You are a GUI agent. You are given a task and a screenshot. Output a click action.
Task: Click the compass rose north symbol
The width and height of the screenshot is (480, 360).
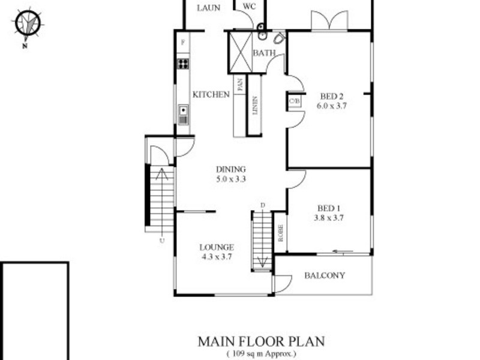(x=26, y=24)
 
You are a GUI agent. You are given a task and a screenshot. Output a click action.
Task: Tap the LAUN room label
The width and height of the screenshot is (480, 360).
(x=209, y=7)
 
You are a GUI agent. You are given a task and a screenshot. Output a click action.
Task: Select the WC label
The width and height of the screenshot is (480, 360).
(x=250, y=7)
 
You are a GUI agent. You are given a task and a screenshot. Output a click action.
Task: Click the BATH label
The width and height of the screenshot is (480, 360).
(x=264, y=53)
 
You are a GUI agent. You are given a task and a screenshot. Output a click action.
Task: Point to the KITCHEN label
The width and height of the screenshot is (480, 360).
(x=211, y=95)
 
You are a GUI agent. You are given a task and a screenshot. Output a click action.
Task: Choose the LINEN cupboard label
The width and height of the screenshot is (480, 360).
(x=255, y=106)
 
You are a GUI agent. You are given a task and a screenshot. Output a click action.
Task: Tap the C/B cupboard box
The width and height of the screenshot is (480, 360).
(x=294, y=101)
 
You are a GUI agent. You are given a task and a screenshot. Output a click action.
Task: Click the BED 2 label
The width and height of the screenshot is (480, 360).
(x=331, y=96)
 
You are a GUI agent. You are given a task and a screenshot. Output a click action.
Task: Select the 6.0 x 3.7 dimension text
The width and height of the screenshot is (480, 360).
(x=332, y=105)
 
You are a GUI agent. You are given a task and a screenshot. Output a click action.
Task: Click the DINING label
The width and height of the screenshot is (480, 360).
(x=231, y=169)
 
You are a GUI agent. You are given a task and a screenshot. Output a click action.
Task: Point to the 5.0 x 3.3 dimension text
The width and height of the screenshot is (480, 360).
(x=231, y=178)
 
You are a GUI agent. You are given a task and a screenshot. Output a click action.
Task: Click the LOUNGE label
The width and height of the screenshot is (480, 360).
(x=216, y=247)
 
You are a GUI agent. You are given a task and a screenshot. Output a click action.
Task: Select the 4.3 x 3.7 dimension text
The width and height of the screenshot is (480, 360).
(x=216, y=256)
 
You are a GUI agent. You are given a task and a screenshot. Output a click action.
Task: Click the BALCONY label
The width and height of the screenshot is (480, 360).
(x=325, y=276)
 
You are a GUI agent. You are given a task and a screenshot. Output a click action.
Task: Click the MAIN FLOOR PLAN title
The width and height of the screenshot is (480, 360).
(x=261, y=341)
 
